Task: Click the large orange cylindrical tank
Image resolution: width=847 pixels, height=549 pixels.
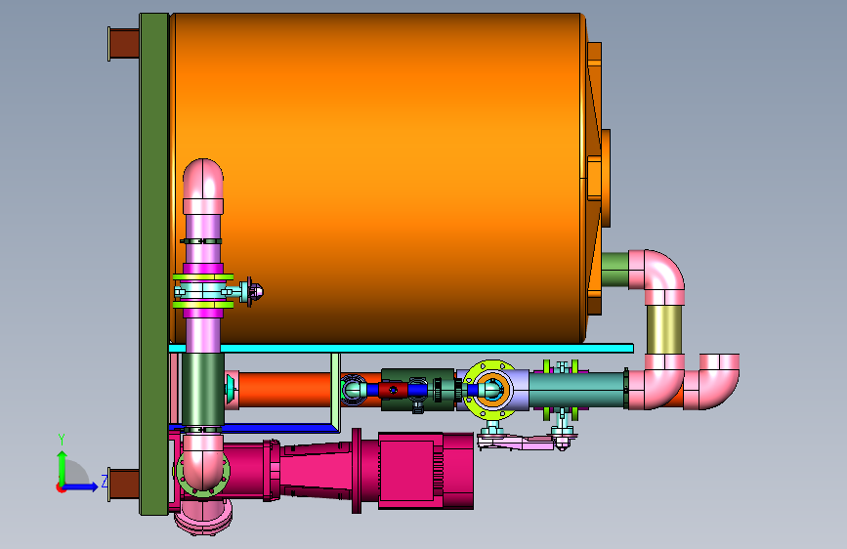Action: [378, 179]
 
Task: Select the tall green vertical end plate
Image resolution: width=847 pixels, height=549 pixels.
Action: [154, 264]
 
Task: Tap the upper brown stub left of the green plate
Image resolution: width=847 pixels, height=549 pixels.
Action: [124, 44]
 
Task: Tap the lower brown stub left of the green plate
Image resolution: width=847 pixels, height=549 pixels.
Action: [124, 485]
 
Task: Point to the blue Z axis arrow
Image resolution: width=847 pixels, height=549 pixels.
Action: [80, 486]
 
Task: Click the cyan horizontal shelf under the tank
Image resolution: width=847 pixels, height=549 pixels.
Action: [401, 349]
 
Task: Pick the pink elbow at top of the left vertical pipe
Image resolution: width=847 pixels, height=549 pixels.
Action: [203, 181]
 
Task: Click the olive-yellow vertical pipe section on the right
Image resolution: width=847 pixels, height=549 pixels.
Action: [664, 329]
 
